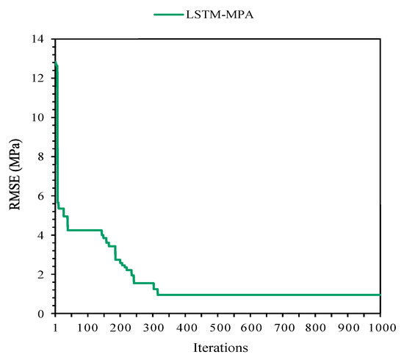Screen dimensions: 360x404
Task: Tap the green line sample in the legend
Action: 169,14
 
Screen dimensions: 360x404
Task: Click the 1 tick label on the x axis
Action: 56,325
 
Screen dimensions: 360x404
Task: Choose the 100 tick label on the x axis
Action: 88,325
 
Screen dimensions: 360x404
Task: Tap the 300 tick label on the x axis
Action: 154,325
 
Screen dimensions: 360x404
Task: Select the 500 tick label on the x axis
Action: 218,325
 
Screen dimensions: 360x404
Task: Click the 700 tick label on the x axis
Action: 284,325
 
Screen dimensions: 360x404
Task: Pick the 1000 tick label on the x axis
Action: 380,325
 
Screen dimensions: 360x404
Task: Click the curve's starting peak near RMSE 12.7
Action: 56,65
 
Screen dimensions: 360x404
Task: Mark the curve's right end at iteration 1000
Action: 380,295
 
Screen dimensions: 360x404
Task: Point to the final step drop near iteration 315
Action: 158,292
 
